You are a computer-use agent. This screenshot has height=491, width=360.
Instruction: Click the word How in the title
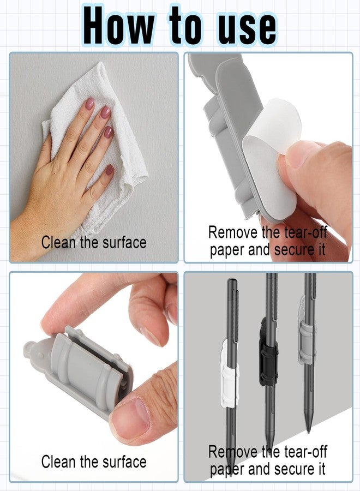point(119,26)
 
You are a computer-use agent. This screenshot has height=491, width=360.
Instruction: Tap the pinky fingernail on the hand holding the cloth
point(109,170)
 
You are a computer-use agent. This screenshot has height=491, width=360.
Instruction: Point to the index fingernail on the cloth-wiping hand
point(90,104)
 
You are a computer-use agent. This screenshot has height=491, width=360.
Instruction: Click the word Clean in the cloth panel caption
point(58,242)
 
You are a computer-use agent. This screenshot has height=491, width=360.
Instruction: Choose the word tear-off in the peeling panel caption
point(305,232)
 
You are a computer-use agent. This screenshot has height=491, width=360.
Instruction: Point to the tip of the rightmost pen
point(309,432)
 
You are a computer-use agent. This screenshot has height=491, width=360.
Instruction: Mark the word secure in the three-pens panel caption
point(294,470)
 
